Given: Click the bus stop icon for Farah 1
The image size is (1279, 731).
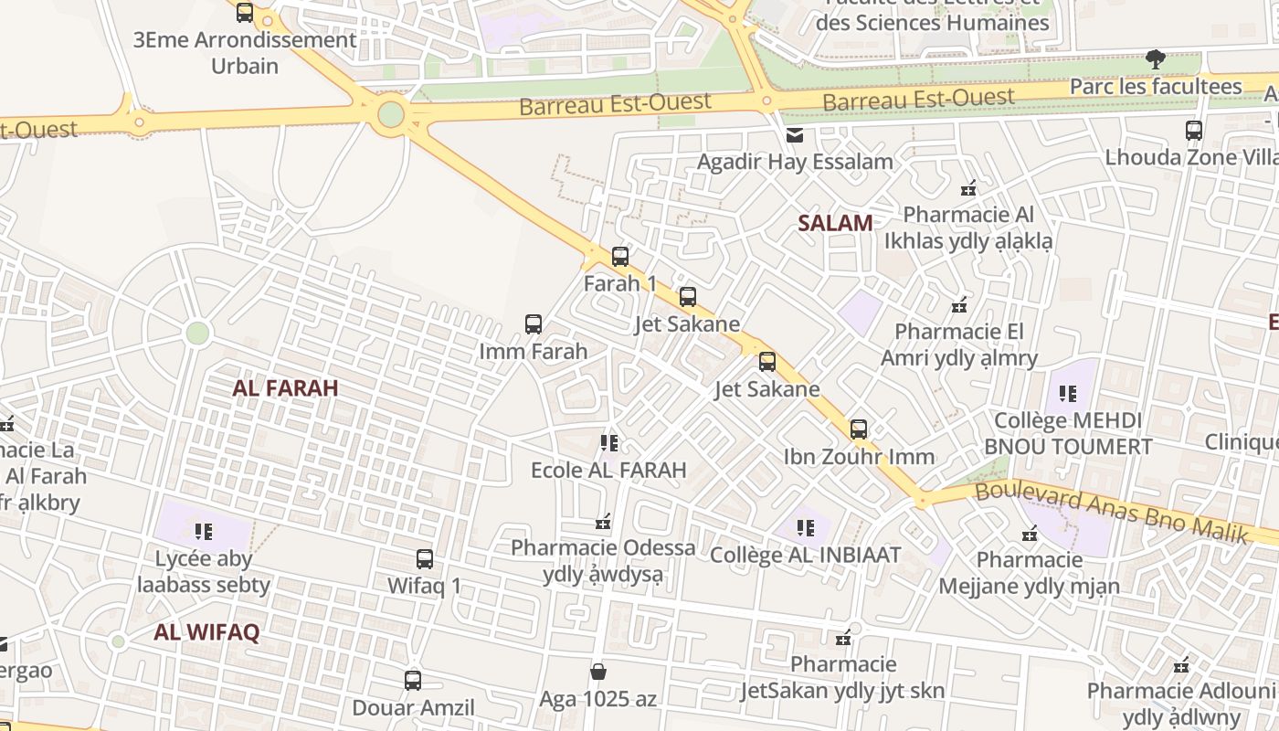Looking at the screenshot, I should click(620, 257).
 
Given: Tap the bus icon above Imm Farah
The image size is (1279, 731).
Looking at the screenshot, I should click(534, 324).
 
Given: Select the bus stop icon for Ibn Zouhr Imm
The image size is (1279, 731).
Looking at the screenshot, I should click(859, 429).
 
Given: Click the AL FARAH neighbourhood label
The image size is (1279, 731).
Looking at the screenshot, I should click(285, 387).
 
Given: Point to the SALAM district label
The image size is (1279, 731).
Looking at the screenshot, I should click(835, 223).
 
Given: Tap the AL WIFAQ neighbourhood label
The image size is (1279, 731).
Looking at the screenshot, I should click(206, 632).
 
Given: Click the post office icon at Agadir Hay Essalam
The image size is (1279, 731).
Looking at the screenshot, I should click(795, 136).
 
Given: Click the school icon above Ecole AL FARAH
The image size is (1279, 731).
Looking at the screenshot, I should click(609, 443).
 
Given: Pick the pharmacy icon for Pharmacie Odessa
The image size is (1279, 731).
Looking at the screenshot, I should click(603, 522).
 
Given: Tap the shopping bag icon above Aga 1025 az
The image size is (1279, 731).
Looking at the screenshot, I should click(597, 673).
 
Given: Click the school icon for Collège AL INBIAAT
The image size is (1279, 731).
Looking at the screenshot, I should click(805, 527).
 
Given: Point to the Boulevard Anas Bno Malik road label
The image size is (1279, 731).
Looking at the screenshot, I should click(1111, 513).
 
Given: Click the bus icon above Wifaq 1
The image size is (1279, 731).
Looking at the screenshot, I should click(425, 559).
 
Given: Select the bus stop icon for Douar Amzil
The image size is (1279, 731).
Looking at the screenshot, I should click(413, 681).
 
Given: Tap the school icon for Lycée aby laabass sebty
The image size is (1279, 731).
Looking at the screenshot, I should click(204, 531).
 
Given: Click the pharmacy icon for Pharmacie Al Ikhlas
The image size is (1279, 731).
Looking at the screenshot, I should click(968, 189).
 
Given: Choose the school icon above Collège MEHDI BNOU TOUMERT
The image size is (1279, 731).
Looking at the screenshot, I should click(1067, 394).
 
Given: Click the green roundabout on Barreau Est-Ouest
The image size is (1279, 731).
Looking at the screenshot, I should click(391, 114).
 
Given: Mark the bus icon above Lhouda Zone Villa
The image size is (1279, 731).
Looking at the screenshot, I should click(1194, 131).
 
